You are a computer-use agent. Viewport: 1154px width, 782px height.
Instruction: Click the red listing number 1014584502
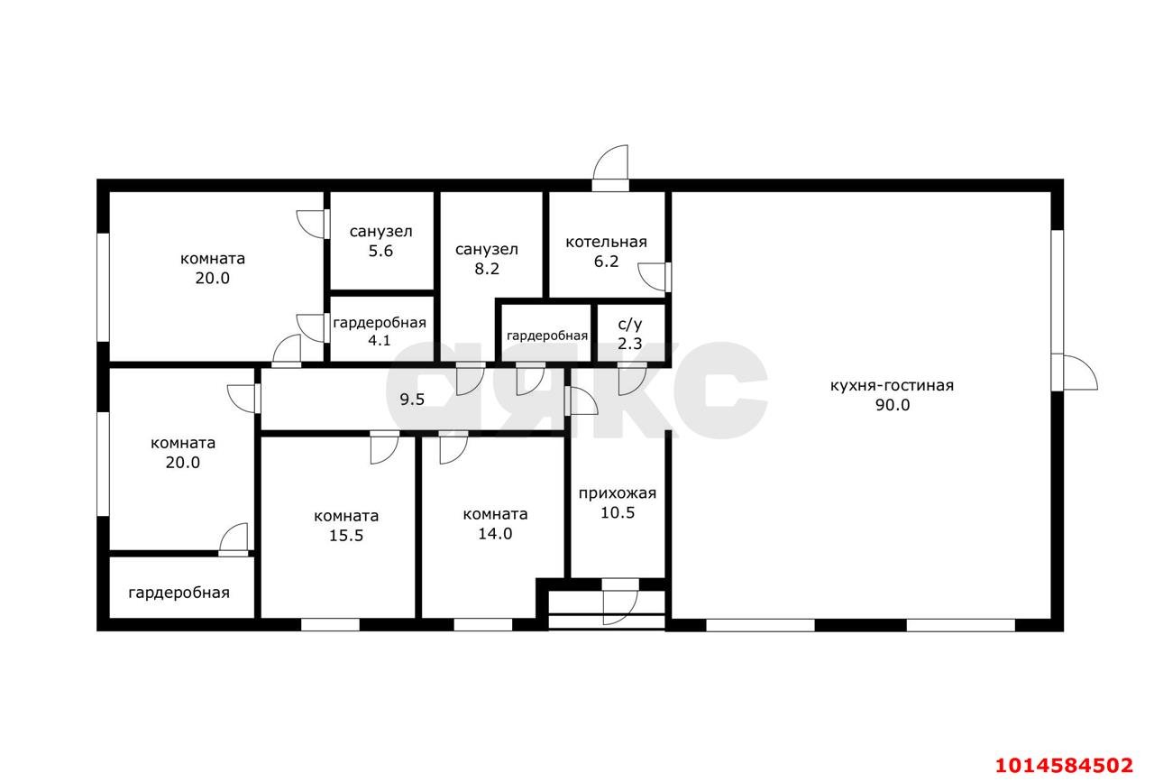[1064, 765]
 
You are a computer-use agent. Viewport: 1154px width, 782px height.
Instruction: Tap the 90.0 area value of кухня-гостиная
[893, 405]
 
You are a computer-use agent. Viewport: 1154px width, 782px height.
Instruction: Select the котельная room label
[607, 242]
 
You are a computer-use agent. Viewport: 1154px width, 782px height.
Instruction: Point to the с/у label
[630, 324]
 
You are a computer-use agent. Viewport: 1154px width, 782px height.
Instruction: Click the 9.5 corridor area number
[412, 400]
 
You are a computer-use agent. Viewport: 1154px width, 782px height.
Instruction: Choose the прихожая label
[618, 493]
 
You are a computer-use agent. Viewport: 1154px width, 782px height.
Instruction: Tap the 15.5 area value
[346, 536]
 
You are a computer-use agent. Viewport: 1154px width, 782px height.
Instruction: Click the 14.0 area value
[495, 534]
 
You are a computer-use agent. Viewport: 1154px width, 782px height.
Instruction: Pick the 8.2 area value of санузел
[487, 269]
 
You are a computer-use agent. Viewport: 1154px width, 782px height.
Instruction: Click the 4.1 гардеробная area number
[380, 340]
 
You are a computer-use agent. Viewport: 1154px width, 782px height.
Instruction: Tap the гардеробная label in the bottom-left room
[179, 593]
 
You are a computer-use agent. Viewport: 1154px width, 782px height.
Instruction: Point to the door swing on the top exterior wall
[610, 163]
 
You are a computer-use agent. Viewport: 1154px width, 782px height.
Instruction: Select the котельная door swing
[652, 277]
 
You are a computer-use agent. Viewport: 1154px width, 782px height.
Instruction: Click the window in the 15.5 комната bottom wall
[330, 624]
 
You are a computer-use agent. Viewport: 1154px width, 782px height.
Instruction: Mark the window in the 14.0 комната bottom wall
[482, 624]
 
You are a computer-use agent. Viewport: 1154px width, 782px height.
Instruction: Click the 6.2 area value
[607, 262]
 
